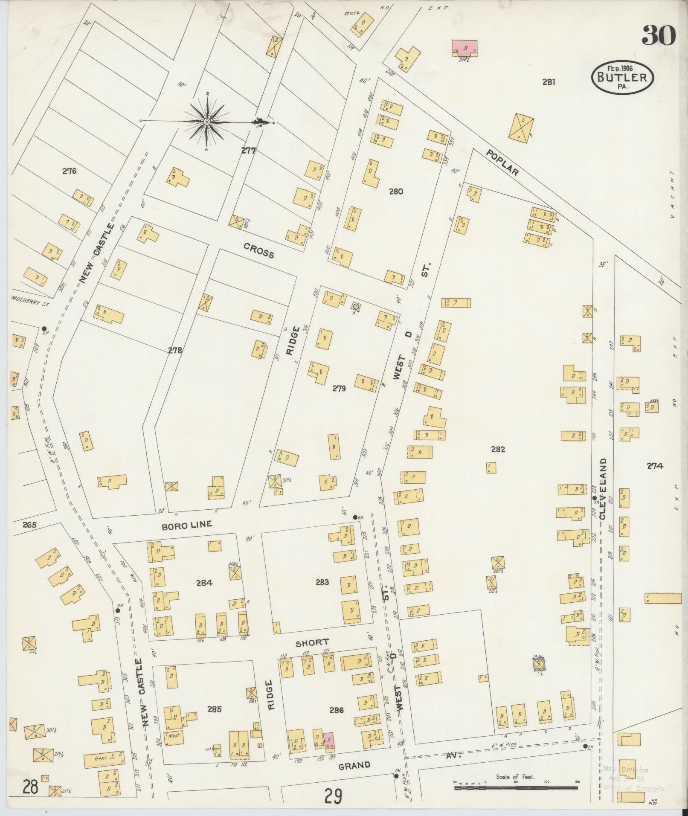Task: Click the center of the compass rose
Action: click(x=207, y=122)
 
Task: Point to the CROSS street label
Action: click(x=258, y=250)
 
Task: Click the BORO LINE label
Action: click(x=186, y=525)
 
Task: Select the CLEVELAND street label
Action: click(x=603, y=489)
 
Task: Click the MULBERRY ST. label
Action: click(x=30, y=305)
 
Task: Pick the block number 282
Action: click(x=498, y=449)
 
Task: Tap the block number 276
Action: click(x=69, y=171)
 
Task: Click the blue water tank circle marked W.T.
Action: click(x=356, y=306)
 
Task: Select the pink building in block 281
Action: click(x=464, y=47)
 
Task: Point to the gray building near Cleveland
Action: click(x=540, y=664)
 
